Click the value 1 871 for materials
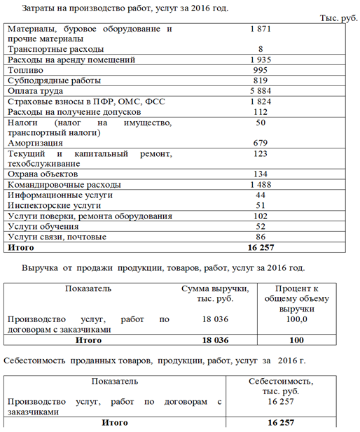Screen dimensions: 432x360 coord(260,29)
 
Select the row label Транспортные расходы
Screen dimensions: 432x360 coord(55,49)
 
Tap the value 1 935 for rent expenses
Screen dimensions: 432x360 coord(260,60)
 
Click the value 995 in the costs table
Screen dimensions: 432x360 coord(261,70)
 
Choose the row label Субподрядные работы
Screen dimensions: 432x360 coord(53,81)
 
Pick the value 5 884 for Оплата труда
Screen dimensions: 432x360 coord(260,91)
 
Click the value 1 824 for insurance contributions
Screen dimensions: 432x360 coord(260,102)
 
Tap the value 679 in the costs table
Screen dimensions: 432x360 coord(261,143)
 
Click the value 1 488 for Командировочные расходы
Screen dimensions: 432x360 coord(260,184)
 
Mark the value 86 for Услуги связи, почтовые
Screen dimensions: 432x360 coord(261,237)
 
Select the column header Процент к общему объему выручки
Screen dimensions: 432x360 coord(296,298)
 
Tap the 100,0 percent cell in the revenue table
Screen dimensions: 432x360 coord(297,319)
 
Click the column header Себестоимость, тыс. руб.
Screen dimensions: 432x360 coord(281,386)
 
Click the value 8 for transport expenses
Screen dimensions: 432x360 coord(261,49)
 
